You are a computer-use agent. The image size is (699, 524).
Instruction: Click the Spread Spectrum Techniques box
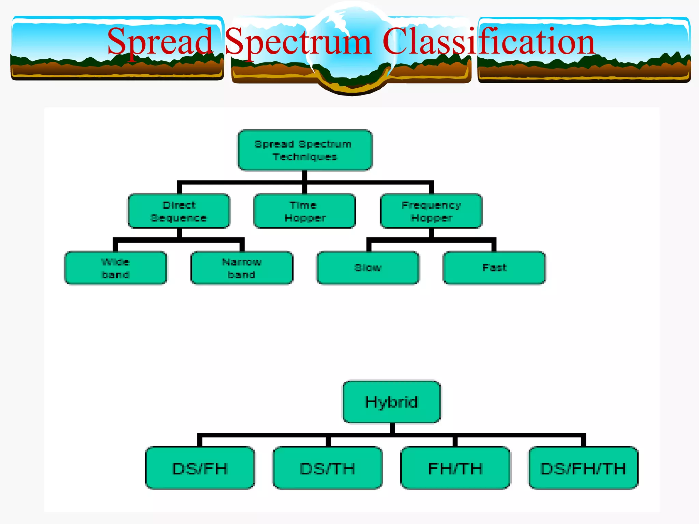tap(305, 150)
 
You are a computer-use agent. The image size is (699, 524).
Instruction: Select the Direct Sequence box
tap(179, 211)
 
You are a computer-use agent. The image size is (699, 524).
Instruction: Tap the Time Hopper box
tap(305, 211)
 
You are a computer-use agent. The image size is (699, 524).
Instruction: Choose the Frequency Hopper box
tap(431, 211)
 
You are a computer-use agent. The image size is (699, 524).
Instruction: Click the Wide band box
tap(116, 268)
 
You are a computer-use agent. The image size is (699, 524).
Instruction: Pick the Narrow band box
tap(242, 268)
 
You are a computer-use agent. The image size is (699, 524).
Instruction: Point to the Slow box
tap(368, 268)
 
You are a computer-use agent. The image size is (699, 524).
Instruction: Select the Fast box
tap(494, 268)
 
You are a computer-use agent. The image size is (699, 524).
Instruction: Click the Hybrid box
tap(391, 402)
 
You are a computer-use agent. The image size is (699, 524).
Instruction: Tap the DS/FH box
tap(200, 468)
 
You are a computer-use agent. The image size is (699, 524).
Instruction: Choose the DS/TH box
tap(328, 468)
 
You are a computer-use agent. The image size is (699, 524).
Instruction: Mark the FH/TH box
tap(455, 468)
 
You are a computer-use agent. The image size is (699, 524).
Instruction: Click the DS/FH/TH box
tap(583, 468)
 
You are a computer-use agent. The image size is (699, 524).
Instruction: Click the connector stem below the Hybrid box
tap(392, 428)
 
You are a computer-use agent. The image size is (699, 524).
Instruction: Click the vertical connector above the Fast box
tap(494, 246)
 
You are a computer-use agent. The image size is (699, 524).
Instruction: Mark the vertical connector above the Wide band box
tap(115, 246)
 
